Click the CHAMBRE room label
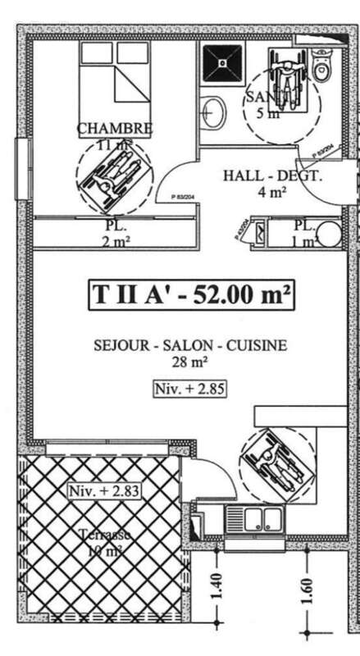[x=115, y=129]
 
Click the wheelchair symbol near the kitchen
[x=278, y=462]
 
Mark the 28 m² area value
[x=189, y=361]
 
